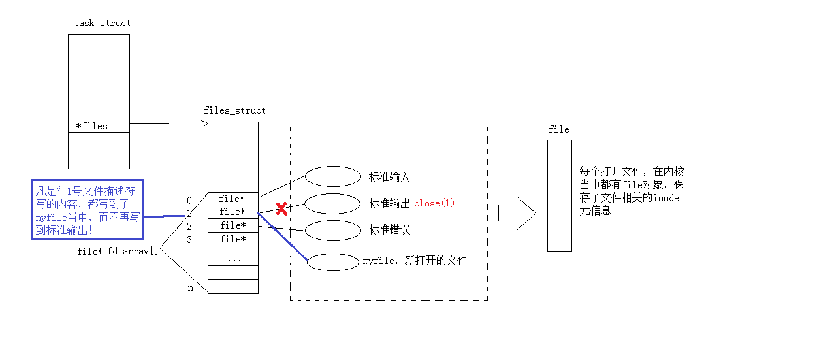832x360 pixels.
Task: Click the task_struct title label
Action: pos(102,23)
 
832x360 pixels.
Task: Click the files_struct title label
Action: pos(234,110)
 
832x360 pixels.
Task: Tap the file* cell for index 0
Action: pos(232,199)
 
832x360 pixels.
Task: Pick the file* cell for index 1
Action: pos(232,212)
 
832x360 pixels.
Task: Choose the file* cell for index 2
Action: pos(232,225)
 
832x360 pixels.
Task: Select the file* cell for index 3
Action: pos(232,239)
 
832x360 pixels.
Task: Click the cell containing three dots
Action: pos(233,259)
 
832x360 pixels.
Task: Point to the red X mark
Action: pos(281,209)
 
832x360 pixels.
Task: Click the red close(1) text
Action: pos(434,203)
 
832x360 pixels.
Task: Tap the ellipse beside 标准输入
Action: pos(333,176)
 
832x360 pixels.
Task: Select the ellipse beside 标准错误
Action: pos(334,230)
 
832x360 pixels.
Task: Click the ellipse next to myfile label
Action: pos(332,261)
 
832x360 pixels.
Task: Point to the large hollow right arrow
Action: pos(517,213)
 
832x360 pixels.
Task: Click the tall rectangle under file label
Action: pos(559,195)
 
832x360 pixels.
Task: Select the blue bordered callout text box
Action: pos(87,209)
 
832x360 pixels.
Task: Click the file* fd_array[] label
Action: pos(118,251)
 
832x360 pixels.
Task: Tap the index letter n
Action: pos(190,287)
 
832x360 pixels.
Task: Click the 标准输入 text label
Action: pos(389,177)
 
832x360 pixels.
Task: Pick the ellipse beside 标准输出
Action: pos(332,204)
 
